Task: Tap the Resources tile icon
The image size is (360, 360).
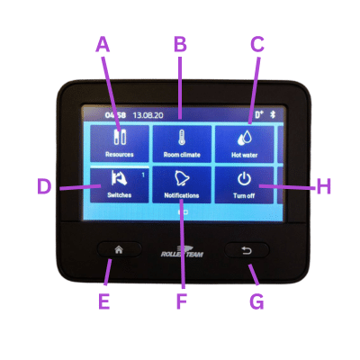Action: [x=120, y=137]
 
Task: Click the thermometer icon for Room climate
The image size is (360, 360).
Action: [x=182, y=138]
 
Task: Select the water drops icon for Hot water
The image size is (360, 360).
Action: [x=245, y=138]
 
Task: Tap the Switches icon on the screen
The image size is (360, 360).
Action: [x=119, y=178]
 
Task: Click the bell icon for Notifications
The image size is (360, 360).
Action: [x=182, y=178]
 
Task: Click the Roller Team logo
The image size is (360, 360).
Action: [x=182, y=252]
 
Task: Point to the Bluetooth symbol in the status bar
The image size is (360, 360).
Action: [x=273, y=114]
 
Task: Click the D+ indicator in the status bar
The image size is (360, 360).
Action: [x=259, y=114]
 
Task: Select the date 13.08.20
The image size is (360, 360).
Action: [x=148, y=115]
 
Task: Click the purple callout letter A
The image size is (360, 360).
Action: [x=103, y=44]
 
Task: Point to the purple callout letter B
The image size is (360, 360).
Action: [x=180, y=44]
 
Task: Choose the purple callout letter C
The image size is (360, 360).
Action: [x=257, y=44]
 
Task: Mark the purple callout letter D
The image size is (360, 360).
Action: [x=44, y=186]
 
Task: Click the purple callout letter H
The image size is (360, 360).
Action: [x=324, y=186]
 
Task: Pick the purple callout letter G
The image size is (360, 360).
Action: [x=256, y=301]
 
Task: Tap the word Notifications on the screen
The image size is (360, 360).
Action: [x=182, y=195]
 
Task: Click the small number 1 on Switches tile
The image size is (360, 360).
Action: [x=143, y=175]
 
